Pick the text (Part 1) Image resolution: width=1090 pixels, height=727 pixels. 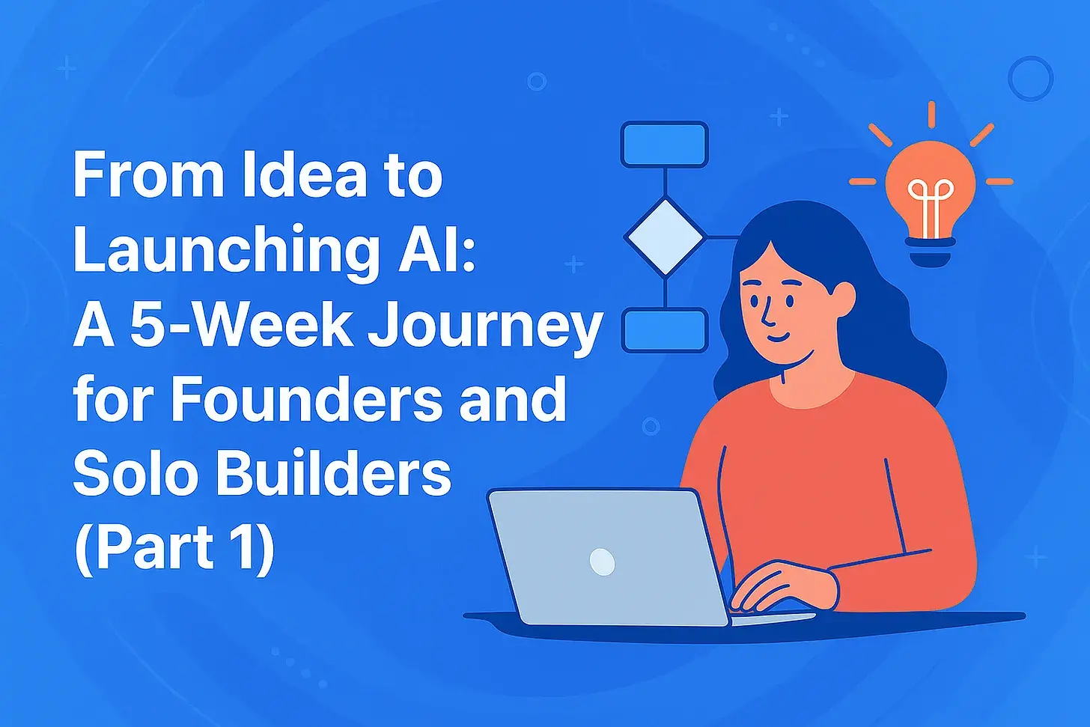tap(174, 549)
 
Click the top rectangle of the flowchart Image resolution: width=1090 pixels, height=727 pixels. tap(665, 144)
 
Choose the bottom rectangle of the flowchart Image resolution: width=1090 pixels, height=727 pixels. tap(665, 330)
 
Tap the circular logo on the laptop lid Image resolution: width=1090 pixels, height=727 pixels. tap(603, 561)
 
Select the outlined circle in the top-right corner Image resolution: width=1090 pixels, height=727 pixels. tap(1030, 78)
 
